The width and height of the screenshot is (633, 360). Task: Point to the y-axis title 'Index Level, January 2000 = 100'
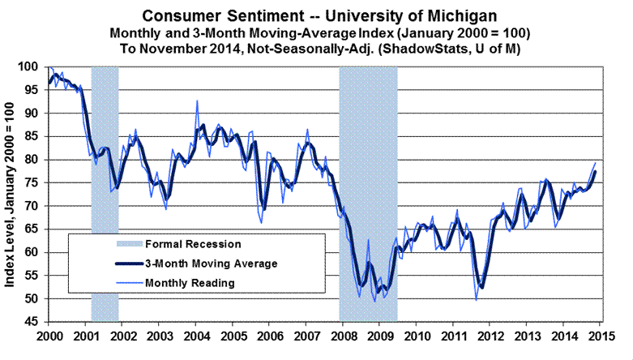coord(15,195)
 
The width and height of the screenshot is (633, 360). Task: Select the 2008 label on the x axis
coord(341,336)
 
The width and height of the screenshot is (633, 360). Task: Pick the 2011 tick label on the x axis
coord(452,336)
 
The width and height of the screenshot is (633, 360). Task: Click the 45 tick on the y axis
coord(35,323)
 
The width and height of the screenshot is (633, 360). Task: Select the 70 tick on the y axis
coord(35,207)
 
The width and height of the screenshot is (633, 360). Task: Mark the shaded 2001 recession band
coord(105,195)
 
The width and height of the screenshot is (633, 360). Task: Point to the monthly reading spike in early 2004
coord(197,101)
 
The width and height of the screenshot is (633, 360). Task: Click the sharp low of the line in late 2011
coord(476,299)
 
